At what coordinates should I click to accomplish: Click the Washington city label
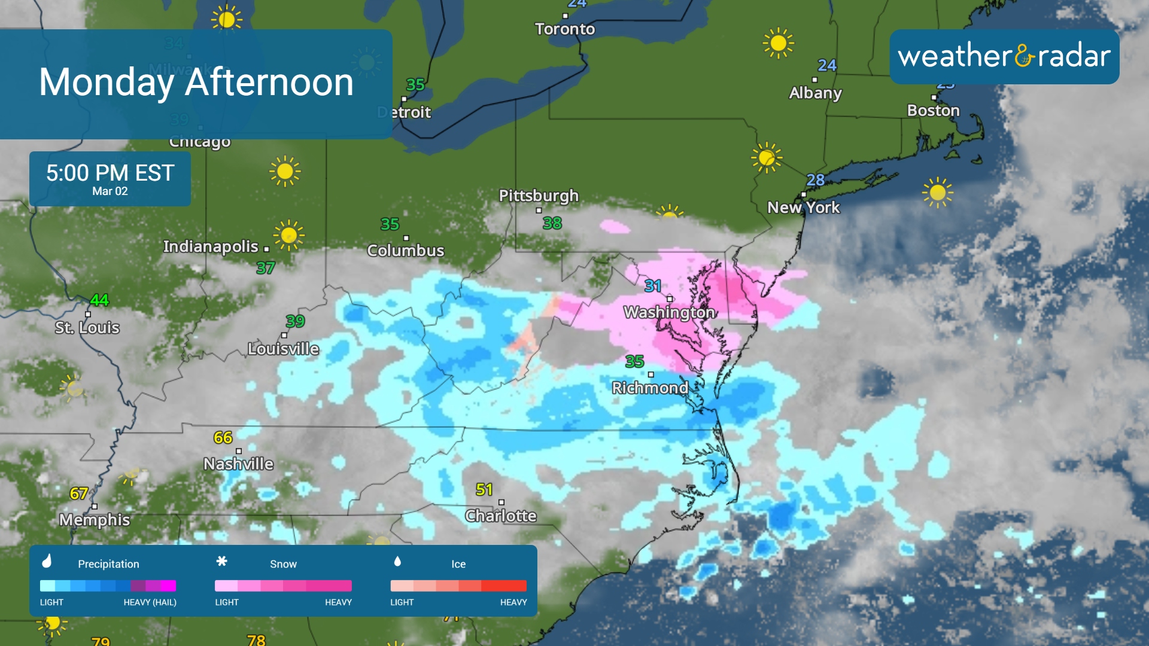tap(669, 312)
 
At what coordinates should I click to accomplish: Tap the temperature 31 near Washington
tap(653, 286)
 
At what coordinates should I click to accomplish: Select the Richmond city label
tap(650, 388)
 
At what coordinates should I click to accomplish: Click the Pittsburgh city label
tap(539, 196)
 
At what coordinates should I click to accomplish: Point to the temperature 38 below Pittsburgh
tap(552, 223)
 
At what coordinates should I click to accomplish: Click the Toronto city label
tap(564, 29)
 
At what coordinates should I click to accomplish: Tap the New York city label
tap(803, 208)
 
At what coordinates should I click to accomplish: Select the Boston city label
tap(933, 110)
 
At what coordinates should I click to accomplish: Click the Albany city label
tap(815, 93)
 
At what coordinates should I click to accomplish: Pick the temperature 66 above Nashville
tap(223, 437)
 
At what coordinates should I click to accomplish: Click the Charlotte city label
tap(500, 516)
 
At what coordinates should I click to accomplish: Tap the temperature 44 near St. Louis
tap(99, 300)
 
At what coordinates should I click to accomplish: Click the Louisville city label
tap(283, 349)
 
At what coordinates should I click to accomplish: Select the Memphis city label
tap(95, 520)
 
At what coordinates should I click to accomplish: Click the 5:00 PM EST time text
tap(110, 173)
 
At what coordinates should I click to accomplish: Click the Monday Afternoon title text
tap(196, 82)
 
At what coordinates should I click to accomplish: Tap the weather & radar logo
tap(1004, 56)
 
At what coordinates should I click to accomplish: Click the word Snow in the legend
tap(283, 564)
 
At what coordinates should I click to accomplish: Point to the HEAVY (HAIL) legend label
tap(150, 602)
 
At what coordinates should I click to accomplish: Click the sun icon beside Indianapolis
tap(288, 234)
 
